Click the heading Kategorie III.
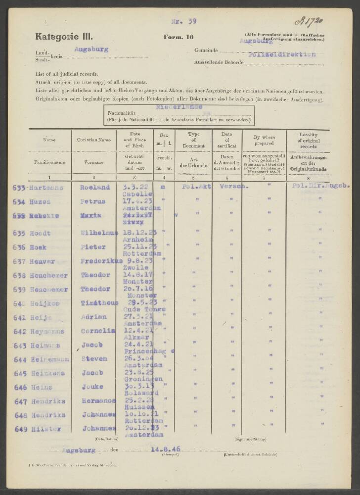(x=64, y=36)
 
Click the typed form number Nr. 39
(x=183, y=21)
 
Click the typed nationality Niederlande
(x=179, y=106)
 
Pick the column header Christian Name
(x=94, y=140)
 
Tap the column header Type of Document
(x=193, y=140)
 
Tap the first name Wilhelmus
(x=98, y=233)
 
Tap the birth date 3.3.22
(x=133, y=187)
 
